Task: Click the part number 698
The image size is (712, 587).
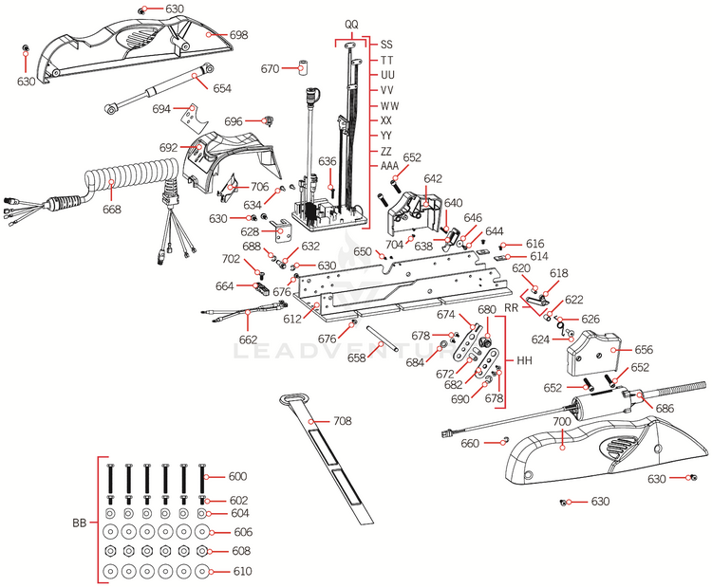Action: pyautogui.click(x=238, y=34)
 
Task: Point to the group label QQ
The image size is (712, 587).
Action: pyautogui.click(x=351, y=22)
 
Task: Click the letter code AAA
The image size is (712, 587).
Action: pyautogui.click(x=389, y=165)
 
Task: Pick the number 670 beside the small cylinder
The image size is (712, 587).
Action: pyautogui.click(x=270, y=69)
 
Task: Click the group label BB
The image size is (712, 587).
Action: pyautogui.click(x=80, y=523)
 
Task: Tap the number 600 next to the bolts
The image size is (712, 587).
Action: pyautogui.click(x=236, y=477)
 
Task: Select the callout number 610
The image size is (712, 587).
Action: pyautogui.click(x=243, y=572)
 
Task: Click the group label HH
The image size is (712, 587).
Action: pyautogui.click(x=524, y=361)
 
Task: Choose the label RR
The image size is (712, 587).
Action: pyautogui.click(x=511, y=307)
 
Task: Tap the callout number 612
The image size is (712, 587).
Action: pyautogui.click(x=290, y=319)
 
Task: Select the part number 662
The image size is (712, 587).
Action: pyautogui.click(x=248, y=339)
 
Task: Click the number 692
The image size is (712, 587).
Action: pyautogui.click(x=168, y=148)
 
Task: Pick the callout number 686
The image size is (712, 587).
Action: pyautogui.click(x=665, y=408)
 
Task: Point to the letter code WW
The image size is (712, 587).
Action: pyautogui.click(x=388, y=105)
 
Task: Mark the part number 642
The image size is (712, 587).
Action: pyautogui.click(x=433, y=178)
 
